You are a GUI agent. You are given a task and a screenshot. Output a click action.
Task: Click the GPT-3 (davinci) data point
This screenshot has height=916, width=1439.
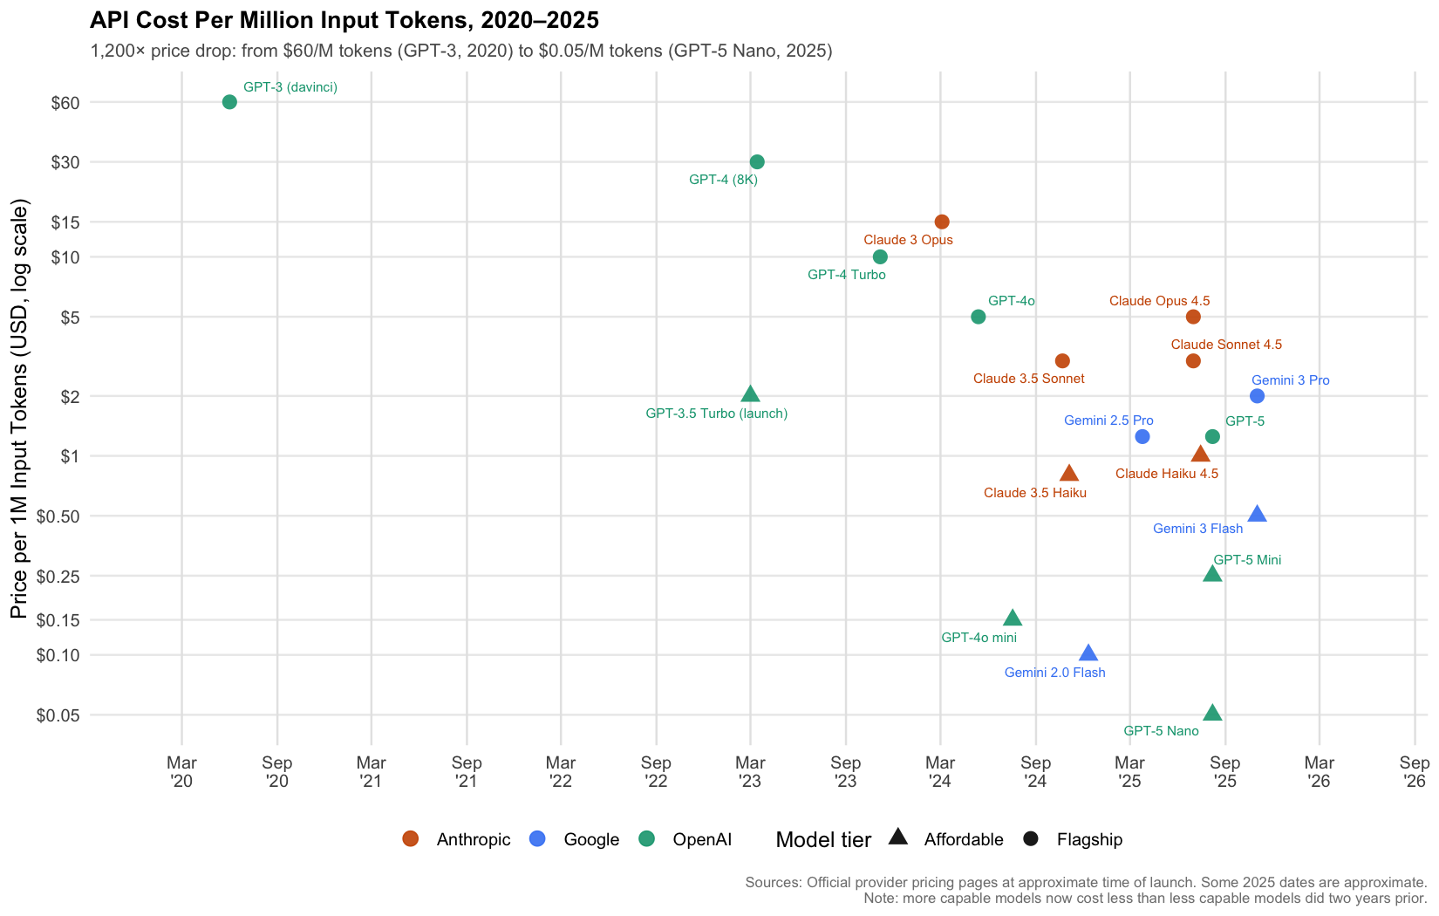click(x=229, y=102)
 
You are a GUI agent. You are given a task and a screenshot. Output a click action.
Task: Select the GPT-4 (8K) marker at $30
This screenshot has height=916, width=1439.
click(x=757, y=162)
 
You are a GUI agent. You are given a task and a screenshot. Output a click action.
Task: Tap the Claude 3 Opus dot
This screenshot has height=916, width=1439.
click(x=942, y=222)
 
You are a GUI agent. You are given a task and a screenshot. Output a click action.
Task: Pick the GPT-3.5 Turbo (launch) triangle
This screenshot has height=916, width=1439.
click(x=750, y=394)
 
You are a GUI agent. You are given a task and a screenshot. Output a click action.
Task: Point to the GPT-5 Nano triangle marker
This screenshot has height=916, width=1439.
click(x=1212, y=714)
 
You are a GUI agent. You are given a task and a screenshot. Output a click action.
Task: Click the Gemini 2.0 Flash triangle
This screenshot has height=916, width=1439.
click(x=1088, y=653)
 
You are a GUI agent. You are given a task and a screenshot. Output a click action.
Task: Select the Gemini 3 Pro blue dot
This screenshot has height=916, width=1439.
click(x=1257, y=396)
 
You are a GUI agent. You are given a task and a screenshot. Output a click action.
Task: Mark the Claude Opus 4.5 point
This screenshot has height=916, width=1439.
click(x=1193, y=317)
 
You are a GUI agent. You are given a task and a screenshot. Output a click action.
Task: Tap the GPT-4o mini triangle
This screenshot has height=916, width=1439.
click(x=1012, y=619)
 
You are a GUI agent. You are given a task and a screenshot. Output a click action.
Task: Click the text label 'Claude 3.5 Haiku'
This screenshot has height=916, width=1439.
click(x=1035, y=493)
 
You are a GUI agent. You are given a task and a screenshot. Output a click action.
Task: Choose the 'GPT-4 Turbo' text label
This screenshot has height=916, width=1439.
click(x=846, y=275)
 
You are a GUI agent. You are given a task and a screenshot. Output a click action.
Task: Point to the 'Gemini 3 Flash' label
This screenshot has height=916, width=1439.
click(x=1197, y=529)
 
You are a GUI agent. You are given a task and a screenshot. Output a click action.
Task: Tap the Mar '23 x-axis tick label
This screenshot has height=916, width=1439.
click(x=750, y=772)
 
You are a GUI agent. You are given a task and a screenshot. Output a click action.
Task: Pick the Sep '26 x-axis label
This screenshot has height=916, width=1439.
click(x=1414, y=772)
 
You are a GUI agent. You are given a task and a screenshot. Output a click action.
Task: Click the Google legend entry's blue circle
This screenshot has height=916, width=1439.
click(x=538, y=839)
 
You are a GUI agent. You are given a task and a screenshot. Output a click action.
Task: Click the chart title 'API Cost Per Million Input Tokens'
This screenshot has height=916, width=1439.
click(x=344, y=21)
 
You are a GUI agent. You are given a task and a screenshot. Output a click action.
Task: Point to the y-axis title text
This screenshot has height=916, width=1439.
click(x=21, y=409)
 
